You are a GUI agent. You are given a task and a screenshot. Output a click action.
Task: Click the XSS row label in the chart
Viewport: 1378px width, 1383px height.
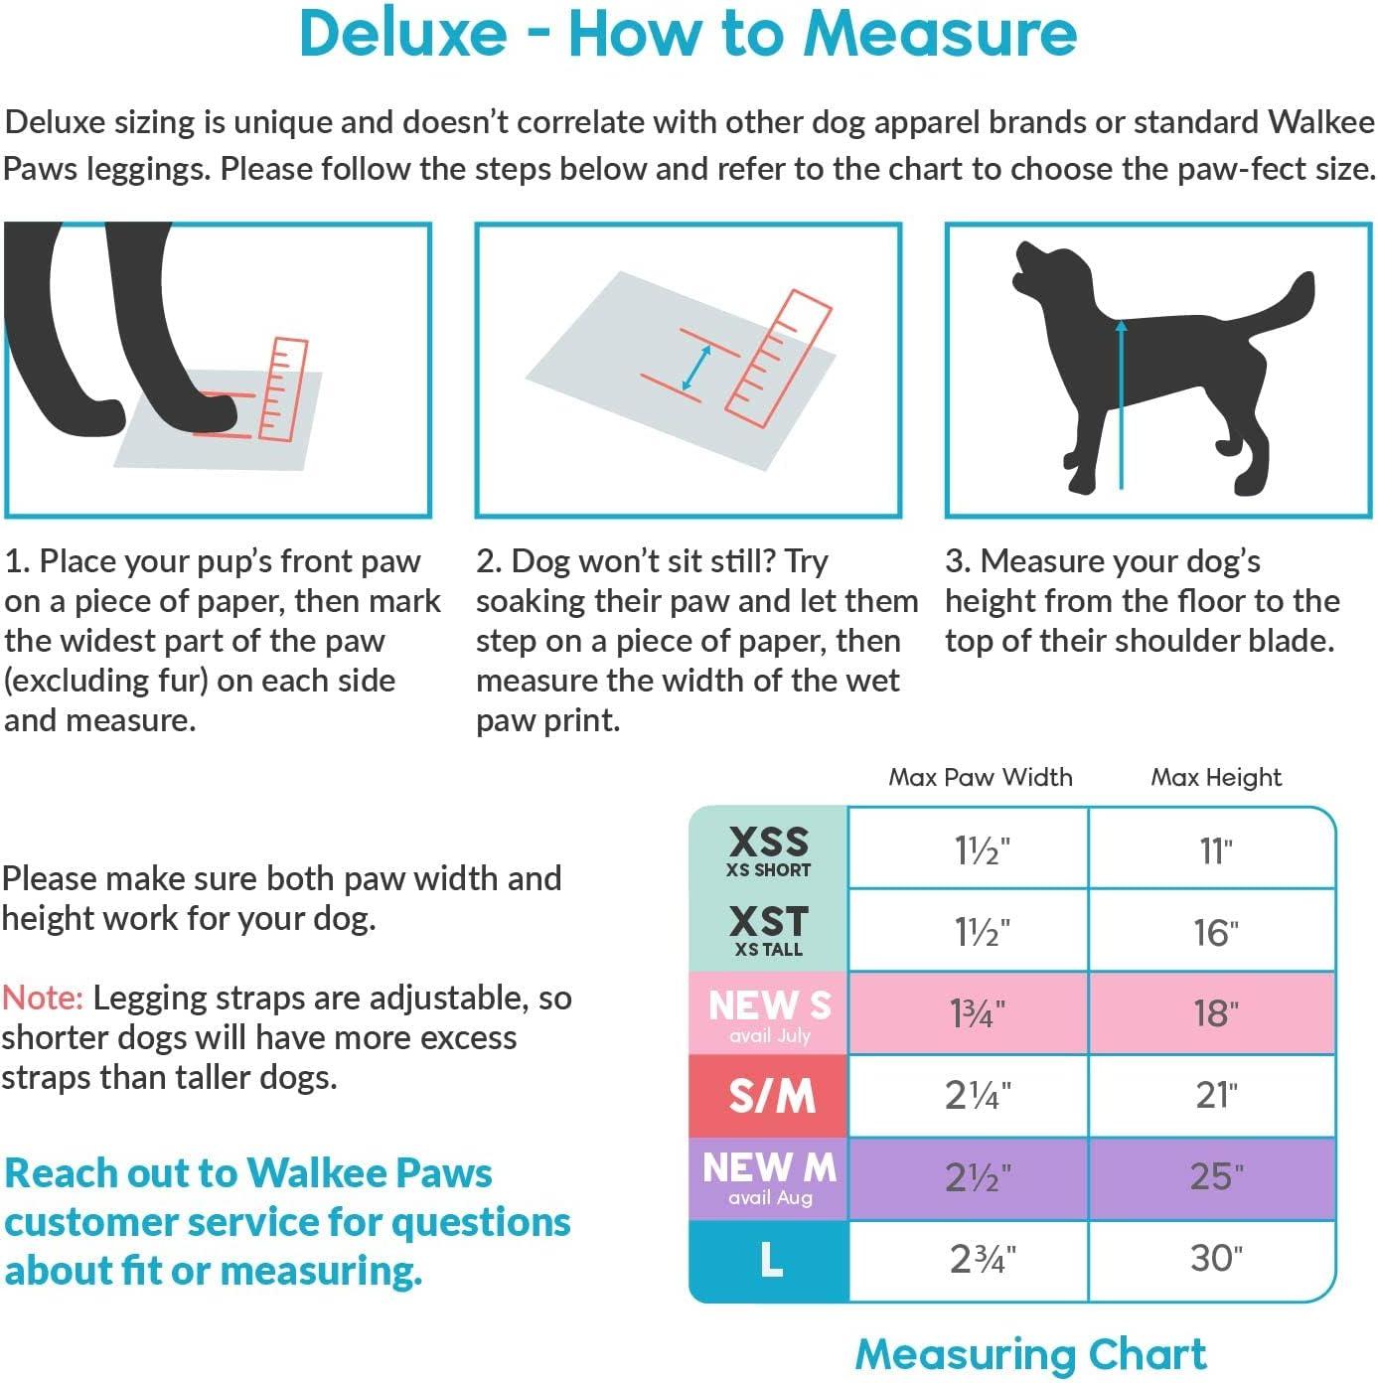tap(769, 842)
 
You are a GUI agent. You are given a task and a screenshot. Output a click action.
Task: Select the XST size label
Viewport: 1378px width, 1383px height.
tap(769, 921)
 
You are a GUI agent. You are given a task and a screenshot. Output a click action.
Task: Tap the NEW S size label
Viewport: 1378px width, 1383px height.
tap(769, 1004)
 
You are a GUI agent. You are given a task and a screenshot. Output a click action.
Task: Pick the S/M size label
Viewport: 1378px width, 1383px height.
tap(772, 1096)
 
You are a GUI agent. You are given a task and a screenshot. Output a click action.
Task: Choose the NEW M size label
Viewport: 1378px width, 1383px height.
tap(769, 1167)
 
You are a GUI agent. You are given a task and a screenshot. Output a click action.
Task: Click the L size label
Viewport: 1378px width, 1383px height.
tap(772, 1259)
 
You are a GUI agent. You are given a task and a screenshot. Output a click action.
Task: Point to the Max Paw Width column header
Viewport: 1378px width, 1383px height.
tap(981, 777)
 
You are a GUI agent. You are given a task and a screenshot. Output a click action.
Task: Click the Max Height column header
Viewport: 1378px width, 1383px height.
tap(1216, 777)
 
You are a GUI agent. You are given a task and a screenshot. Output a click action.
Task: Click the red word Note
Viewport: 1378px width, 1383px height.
tap(43, 997)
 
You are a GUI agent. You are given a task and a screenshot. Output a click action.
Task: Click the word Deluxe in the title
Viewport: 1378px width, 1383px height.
tap(403, 33)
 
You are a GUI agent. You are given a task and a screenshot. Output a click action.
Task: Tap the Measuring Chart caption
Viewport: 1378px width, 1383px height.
tap(1030, 1353)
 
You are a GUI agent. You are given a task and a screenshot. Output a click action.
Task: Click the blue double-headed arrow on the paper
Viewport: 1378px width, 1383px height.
tap(696, 368)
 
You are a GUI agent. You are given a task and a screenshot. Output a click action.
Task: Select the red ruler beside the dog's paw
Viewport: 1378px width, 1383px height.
tap(283, 389)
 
